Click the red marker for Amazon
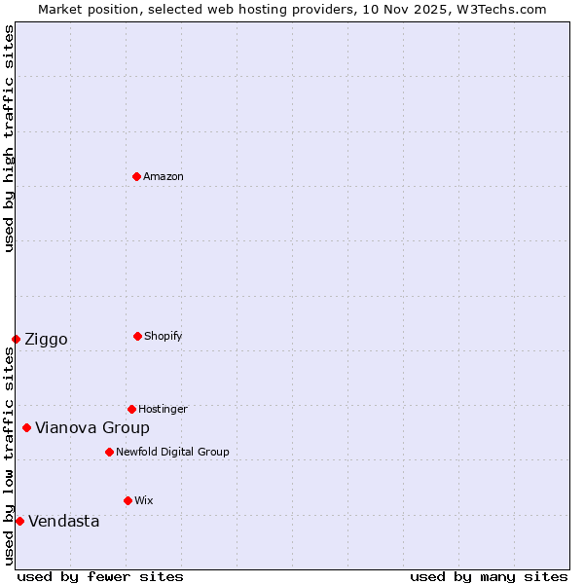point(136,176)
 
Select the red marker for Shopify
point(137,336)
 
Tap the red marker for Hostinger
point(131,409)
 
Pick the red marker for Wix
point(128,500)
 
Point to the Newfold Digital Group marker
point(109,452)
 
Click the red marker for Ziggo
point(16,339)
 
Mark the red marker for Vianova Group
point(26,427)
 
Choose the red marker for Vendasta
point(19,521)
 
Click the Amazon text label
point(164,176)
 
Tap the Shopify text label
point(164,336)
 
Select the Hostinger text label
point(163,409)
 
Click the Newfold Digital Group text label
point(172,452)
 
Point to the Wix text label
point(144,500)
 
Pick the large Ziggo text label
point(46,339)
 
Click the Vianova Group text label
point(92,427)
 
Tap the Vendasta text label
point(63,521)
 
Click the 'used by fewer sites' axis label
point(100,576)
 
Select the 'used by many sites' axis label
point(489,576)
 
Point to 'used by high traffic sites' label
point(9,138)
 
